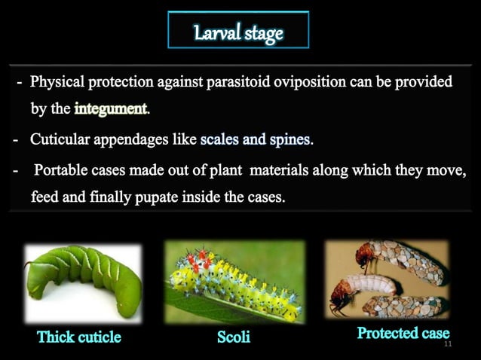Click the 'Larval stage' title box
(x=237, y=33)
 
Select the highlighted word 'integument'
(x=111, y=110)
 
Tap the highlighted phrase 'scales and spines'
(x=256, y=140)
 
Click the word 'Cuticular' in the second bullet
(x=63, y=140)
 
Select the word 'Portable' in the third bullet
(x=63, y=171)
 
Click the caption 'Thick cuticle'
(x=79, y=337)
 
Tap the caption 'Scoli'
(x=234, y=337)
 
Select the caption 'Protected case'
(x=403, y=332)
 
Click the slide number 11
(x=448, y=344)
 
